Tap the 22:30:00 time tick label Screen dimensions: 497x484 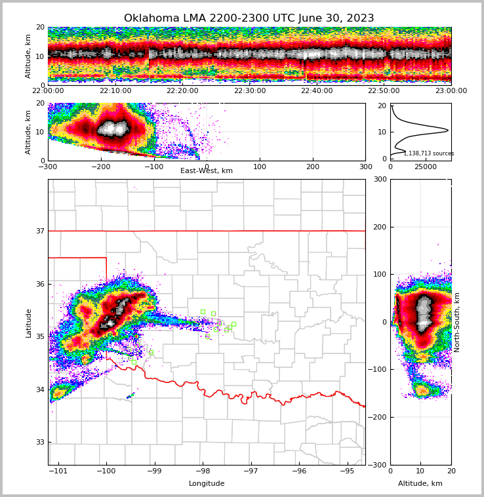click(249, 91)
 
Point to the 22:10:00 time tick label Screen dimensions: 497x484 click(115, 91)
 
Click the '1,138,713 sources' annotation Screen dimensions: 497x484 click(429, 153)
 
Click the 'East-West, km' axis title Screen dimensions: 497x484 click(207, 171)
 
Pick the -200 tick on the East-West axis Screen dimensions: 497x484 click(100, 167)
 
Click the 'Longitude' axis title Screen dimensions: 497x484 click(207, 484)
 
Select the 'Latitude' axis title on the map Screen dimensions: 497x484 click(28, 323)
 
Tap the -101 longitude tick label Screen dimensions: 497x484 click(58, 471)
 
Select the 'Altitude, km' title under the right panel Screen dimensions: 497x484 click(420, 484)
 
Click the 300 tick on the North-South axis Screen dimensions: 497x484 click(378, 180)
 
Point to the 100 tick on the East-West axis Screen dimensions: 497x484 click(260, 167)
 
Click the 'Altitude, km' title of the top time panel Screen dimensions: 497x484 click(28, 56)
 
